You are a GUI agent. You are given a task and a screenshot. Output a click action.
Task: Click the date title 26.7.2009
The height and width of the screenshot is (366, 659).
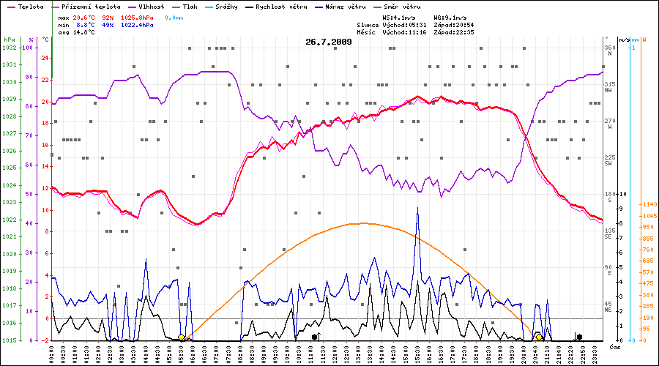[329, 42]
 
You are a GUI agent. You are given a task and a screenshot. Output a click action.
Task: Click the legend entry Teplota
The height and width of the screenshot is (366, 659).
[30, 6]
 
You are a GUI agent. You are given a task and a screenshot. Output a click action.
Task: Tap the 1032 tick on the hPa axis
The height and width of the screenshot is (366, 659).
[10, 48]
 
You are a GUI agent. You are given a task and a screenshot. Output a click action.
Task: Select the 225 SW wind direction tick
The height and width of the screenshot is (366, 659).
[608, 160]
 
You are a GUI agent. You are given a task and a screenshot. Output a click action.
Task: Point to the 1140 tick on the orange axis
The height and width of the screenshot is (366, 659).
[648, 204]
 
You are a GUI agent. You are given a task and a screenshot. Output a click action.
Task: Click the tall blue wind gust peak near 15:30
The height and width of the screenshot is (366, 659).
[417, 208]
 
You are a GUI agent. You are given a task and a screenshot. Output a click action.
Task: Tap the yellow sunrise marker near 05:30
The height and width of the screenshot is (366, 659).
[181, 337]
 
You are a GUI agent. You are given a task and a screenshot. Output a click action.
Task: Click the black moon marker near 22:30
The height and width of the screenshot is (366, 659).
[579, 337]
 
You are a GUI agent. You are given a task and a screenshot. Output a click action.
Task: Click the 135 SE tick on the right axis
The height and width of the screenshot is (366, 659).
[608, 233]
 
